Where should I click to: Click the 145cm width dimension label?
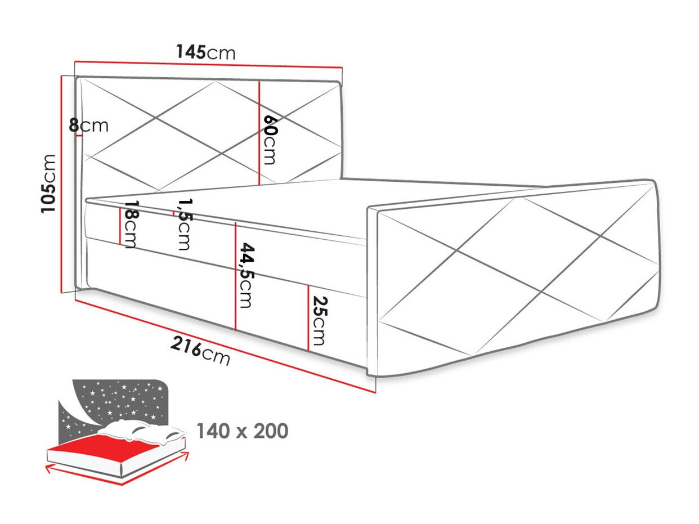coord(205,52)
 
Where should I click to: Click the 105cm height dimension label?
coord(49,183)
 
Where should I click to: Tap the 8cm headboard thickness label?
coord(89,125)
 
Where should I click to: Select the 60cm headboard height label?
coord(270,140)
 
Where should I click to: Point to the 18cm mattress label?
coord(131,225)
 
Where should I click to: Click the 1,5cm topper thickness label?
coord(183,223)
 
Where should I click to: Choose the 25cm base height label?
coord(318,320)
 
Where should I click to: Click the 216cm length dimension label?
coord(200,352)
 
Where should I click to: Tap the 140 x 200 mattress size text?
coord(242,431)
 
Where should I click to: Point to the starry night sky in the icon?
coord(121,400)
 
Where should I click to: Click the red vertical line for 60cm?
coord(259,133)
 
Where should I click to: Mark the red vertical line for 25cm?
coord(308,318)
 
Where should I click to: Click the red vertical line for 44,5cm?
coord(235,276)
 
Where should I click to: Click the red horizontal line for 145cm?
coord(208,64)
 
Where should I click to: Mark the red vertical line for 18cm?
coord(120,225)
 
